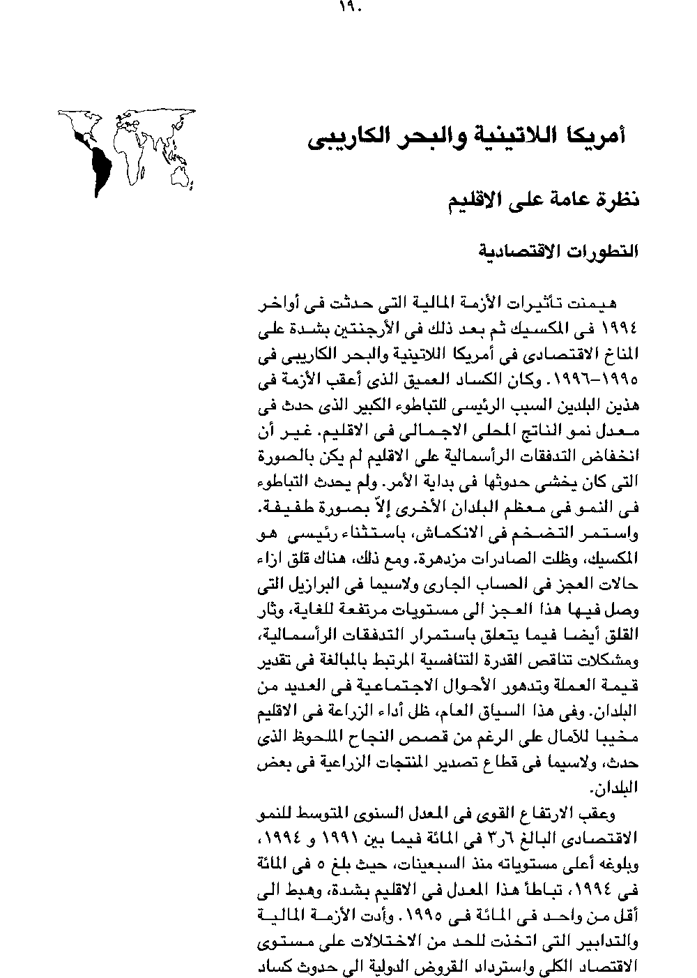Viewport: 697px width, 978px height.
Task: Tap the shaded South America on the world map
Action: click(x=100, y=165)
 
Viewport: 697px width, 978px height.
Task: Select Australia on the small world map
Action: click(x=183, y=170)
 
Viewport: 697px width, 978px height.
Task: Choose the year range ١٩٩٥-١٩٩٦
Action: click(x=602, y=382)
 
